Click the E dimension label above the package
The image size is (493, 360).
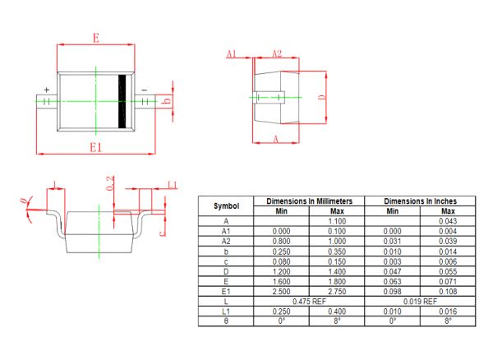click(x=96, y=38)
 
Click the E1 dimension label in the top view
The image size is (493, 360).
click(x=96, y=147)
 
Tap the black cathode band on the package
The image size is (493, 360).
click(x=122, y=101)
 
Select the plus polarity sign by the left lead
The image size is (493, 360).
click(x=47, y=90)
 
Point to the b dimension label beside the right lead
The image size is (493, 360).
click(x=168, y=101)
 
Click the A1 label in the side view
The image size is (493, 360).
click(x=232, y=53)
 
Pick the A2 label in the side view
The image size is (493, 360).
click(x=277, y=53)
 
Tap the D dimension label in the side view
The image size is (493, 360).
click(x=322, y=97)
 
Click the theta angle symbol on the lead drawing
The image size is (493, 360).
click(x=23, y=201)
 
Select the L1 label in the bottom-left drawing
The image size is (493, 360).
click(x=173, y=185)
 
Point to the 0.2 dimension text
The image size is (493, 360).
click(x=110, y=183)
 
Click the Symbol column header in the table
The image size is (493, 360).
click(x=227, y=206)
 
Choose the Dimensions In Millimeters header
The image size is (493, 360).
click(x=310, y=201)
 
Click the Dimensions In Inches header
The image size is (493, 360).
click(x=421, y=201)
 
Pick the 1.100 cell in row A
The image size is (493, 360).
click(x=337, y=221)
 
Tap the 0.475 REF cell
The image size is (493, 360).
click(x=310, y=302)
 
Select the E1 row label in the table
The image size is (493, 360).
click(x=226, y=292)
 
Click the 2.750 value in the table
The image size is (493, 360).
click(x=337, y=292)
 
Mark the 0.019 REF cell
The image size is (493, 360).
click(x=421, y=302)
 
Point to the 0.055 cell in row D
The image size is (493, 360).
click(x=448, y=271)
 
